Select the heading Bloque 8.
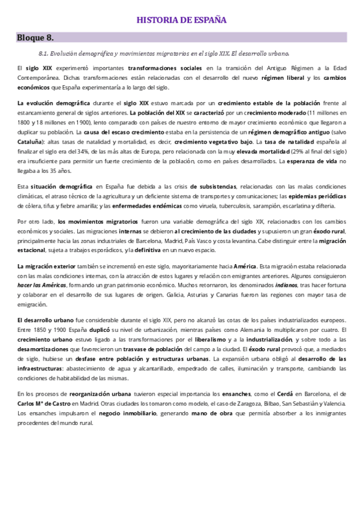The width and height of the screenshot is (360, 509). (x=35, y=38)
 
